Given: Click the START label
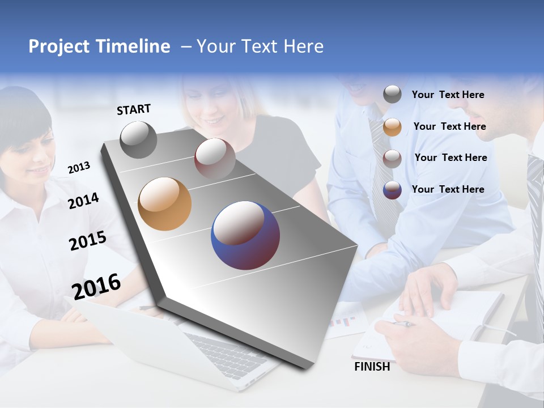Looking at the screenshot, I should (134, 109).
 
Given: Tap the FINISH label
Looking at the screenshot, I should (372, 367).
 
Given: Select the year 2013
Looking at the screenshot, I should (79, 168).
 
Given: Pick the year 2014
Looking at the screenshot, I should (83, 201).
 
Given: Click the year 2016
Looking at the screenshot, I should (97, 286).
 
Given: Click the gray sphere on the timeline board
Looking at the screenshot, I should (139, 139).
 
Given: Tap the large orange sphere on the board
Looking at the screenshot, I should (165, 204).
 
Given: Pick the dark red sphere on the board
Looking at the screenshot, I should (215, 159).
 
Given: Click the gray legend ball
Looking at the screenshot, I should (392, 95).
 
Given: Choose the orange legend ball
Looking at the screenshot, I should (392, 127).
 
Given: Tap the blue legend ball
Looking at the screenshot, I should (392, 190).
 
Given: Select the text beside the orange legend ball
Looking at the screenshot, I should (449, 126).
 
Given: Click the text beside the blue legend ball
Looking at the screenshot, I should (448, 189).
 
